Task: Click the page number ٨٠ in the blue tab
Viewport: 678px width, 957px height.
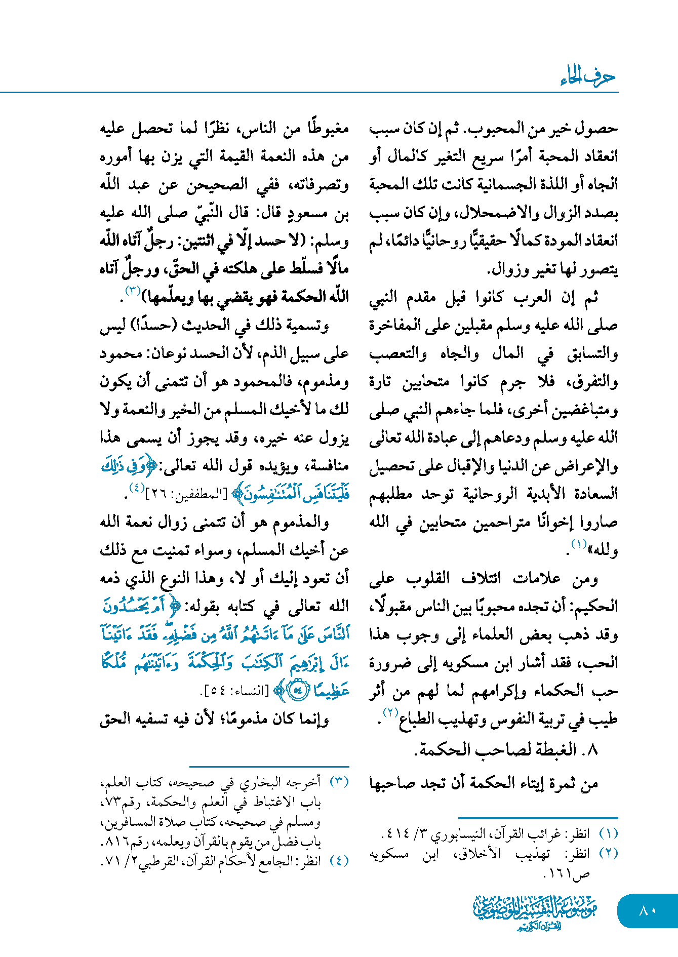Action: [647, 910]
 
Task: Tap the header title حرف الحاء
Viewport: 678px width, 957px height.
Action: [588, 77]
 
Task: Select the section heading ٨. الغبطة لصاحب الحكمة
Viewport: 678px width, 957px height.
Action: [506, 749]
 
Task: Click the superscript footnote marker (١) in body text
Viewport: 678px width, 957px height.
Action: [579, 544]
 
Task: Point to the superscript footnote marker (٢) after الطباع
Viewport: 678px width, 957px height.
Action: [390, 712]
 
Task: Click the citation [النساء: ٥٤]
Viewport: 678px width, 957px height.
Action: [235, 691]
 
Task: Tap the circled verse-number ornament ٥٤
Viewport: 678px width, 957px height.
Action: [298, 691]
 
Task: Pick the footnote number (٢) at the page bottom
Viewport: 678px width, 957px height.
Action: [608, 853]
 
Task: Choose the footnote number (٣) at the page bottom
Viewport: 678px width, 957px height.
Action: [339, 782]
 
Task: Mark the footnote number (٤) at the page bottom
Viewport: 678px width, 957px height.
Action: [339, 861]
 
